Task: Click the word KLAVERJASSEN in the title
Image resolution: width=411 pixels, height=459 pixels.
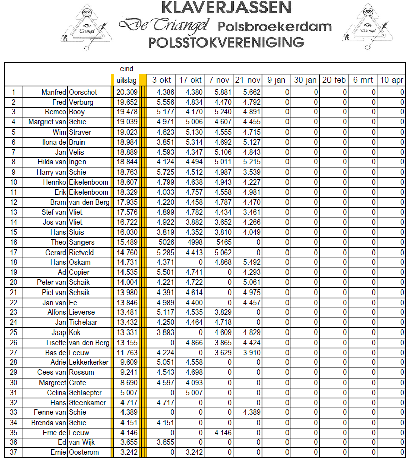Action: pyautogui.click(x=226, y=8)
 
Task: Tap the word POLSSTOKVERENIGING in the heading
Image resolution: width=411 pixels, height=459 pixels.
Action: pyautogui.click(x=226, y=42)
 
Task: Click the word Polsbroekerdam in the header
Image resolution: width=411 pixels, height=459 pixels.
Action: pyautogui.click(x=275, y=26)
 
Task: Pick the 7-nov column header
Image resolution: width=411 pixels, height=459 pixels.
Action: pyautogui.click(x=219, y=80)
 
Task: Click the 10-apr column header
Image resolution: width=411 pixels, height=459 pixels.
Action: pyautogui.click(x=392, y=80)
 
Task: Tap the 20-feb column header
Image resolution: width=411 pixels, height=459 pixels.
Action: pyautogui.click(x=334, y=80)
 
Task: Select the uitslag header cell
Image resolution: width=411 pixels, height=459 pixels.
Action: pyautogui.click(x=126, y=80)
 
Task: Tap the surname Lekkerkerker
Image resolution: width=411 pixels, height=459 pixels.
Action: pyautogui.click(x=89, y=362)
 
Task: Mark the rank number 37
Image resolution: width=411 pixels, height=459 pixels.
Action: pyautogui.click(x=14, y=452)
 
